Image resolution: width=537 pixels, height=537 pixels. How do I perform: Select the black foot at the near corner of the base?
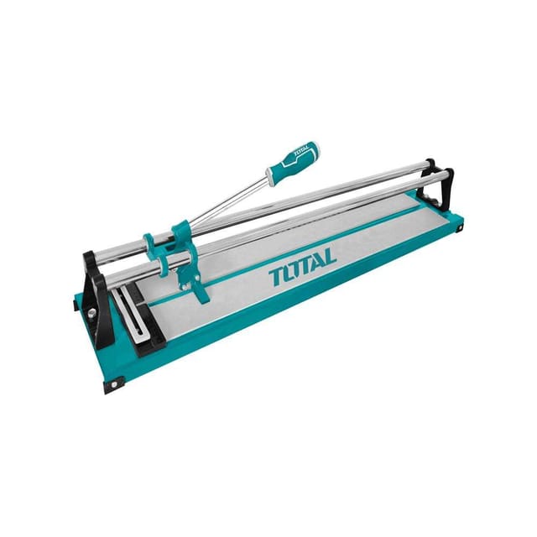(x=112, y=384)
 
